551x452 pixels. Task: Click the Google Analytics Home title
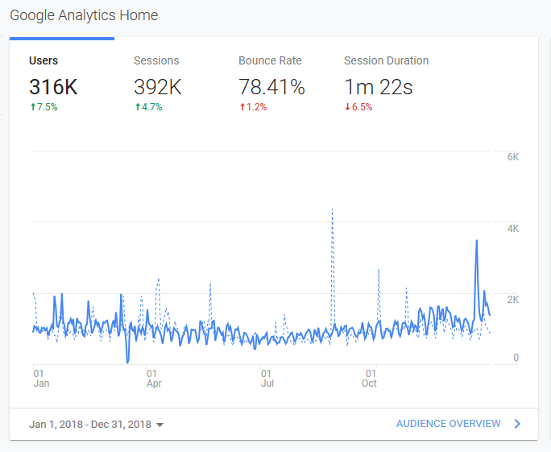pos(84,15)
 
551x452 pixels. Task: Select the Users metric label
pos(43,60)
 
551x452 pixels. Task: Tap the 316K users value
pos(53,87)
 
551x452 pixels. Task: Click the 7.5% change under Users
pos(44,107)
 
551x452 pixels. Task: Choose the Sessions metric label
pos(156,60)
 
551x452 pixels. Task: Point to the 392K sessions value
pos(158,87)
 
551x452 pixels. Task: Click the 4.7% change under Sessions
pos(149,107)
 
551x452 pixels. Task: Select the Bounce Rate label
pos(270,60)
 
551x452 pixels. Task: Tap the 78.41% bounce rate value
pos(271,87)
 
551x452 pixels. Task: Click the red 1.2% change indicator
pos(254,107)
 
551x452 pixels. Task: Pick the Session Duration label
pos(386,60)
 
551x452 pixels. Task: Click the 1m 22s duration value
pos(379,87)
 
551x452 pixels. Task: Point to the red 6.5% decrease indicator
pos(358,107)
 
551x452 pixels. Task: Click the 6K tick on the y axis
pos(513,157)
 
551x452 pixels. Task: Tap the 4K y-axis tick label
pos(513,229)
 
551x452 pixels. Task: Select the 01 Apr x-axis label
pos(154,378)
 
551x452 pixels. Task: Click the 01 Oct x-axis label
pos(369,378)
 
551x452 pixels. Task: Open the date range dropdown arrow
pos(159,425)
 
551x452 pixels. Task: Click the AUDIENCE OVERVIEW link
pos(449,424)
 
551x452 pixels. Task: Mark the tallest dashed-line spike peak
pos(332,209)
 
